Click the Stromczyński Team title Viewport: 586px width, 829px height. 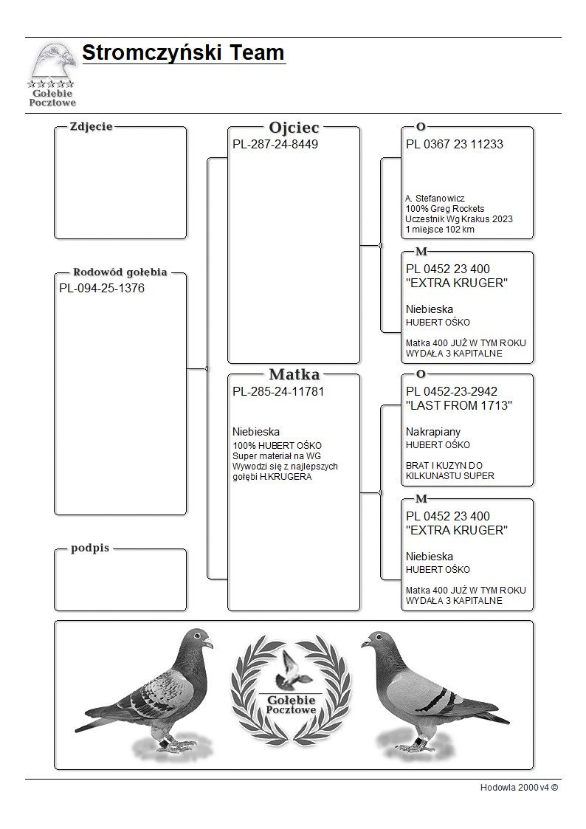coord(183,53)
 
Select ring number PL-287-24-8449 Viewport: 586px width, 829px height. coord(275,145)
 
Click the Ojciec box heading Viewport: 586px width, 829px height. coord(294,128)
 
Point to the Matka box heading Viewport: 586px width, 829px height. coord(294,374)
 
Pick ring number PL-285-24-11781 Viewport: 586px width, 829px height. coord(278,392)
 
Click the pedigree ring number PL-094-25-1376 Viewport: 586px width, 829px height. coord(102,289)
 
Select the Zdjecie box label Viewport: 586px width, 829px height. coord(91,126)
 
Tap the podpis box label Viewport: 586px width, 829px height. coord(90,548)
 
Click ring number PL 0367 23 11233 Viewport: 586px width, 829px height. coord(454,145)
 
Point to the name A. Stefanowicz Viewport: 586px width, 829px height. coord(435,199)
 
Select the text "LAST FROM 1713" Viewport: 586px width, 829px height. coord(459,406)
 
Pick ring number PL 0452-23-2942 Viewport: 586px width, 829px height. coord(451,392)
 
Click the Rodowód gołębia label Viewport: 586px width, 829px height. coord(120,271)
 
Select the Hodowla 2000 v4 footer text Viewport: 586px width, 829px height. coord(519,788)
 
